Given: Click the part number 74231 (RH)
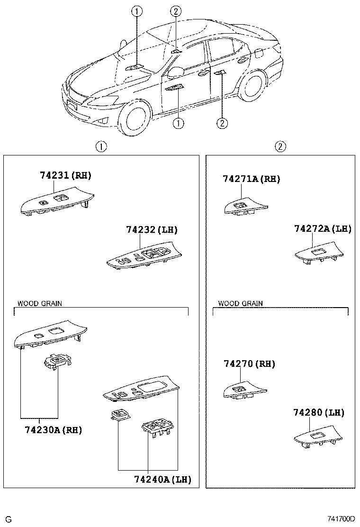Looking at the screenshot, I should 65,175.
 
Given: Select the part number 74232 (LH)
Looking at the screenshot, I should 152,230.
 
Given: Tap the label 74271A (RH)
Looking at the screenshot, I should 252,179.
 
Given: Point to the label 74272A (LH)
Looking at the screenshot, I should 323,229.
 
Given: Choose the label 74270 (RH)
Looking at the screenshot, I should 249,364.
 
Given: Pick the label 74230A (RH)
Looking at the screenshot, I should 54,430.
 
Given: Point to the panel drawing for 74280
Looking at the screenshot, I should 318,438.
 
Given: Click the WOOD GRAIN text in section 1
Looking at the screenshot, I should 40,303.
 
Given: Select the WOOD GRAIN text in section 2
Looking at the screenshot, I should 240,303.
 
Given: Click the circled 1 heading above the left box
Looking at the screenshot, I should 100,146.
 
